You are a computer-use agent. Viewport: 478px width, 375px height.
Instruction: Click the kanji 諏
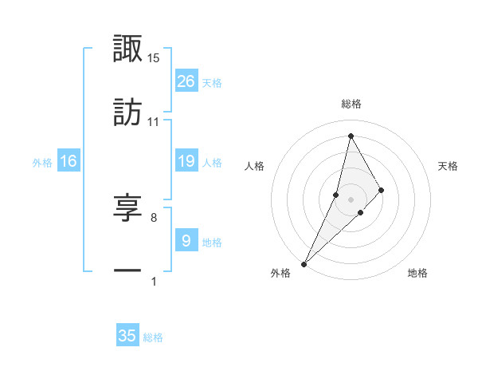tap(128, 49)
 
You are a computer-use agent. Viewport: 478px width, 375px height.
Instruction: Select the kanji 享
tap(128, 207)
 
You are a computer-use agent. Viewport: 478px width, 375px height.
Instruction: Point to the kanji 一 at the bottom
tap(128, 271)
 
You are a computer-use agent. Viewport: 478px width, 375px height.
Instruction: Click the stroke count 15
tap(154, 58)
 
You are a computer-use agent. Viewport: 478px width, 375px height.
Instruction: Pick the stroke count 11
tap(154, 122)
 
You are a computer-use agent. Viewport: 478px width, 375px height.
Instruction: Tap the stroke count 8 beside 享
tap(154, 216)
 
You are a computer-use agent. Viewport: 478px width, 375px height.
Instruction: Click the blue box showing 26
tap(186, 81)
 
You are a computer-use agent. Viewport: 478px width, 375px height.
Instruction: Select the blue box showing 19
tap(186, 161)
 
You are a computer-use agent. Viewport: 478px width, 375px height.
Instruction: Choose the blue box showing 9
tap(186, 240)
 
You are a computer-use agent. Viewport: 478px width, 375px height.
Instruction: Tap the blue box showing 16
tap(69, 161)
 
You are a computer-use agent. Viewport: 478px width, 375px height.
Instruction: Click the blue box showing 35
tap(127, 336)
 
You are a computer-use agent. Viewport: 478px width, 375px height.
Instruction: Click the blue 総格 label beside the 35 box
tap(154, 337)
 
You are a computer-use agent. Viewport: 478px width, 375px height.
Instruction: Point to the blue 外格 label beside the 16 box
tap(42, 163)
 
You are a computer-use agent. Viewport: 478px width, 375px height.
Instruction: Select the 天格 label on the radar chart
tap(449, 166)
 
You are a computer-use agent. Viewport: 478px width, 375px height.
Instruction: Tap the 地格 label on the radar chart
tap(417, 273)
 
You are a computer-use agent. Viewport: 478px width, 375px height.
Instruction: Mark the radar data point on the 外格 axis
tap(304, 263)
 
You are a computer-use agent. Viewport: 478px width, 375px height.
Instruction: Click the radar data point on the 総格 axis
tap(351, 135)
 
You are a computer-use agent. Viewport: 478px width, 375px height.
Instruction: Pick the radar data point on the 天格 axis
tap(382, 190)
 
